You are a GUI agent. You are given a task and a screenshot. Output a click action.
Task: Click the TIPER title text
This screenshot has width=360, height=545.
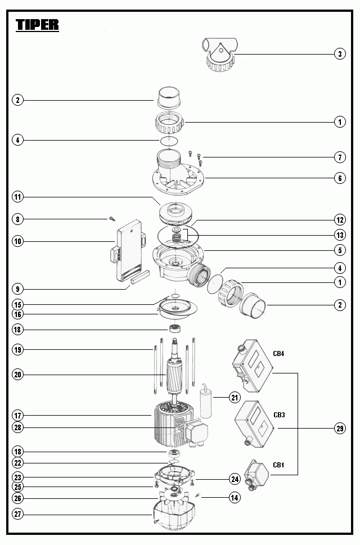click(37, 25)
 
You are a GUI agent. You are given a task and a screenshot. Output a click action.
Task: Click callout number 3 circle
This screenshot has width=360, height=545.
click(339, 54)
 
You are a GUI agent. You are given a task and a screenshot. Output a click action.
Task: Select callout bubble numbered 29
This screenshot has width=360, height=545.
click(339, 429)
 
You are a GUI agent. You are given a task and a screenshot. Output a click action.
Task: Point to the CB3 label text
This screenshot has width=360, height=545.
click(279, 415)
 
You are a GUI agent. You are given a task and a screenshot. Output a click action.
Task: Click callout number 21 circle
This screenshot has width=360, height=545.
click(234, 397)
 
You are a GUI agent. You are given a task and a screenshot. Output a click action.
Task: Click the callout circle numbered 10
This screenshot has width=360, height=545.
click(19, 241)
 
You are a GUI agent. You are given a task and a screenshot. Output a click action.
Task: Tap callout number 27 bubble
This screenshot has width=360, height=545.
click(19, 515)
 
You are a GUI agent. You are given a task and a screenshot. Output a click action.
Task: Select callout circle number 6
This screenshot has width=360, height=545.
click(339, 178)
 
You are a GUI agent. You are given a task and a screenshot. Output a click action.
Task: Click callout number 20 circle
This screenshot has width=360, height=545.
click(19, 374)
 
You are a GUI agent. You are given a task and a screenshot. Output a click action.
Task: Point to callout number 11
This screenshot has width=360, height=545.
click(19, 197)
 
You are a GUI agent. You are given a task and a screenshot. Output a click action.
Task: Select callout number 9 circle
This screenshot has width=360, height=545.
click(19, 289)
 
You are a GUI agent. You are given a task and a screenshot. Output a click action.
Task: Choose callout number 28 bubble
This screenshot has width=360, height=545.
click(19, 427)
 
